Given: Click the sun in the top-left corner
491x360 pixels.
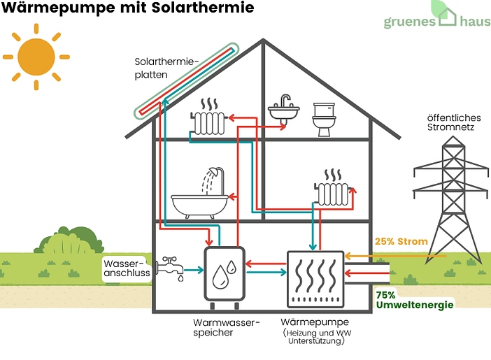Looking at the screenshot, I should point(36,55).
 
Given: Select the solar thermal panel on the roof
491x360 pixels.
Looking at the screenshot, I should point(186,80).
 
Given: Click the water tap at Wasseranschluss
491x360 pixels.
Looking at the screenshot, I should point(169,266).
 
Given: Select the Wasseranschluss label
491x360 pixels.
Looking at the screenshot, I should point(127,268).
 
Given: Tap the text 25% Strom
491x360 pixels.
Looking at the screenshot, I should point(401,242).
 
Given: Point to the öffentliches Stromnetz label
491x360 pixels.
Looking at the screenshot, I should point(451,122).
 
